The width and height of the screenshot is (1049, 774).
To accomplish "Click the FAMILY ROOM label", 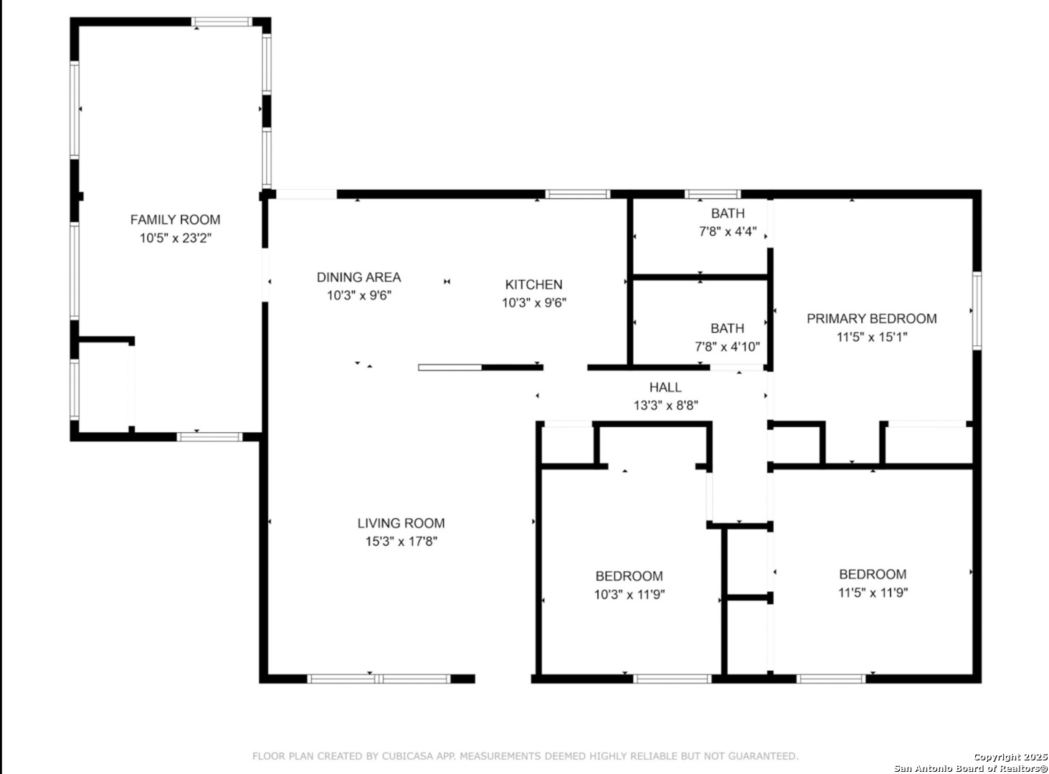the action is tap(175, 219).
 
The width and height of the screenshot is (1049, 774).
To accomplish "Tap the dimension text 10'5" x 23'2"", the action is tap(175, 238).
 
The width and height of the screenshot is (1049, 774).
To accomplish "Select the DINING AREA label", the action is tap(359, 277).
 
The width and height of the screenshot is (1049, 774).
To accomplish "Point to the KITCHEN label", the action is tap(533, 285).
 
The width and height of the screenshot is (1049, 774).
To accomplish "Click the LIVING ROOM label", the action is tap(401, 523).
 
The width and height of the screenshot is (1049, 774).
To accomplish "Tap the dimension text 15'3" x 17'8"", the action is tap(401, 541).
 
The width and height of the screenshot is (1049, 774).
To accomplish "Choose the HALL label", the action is tap(665, 387).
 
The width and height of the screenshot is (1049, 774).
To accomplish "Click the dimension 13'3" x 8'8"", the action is tap(665, 405).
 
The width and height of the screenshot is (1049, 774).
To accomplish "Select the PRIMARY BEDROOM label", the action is tap(871, 319).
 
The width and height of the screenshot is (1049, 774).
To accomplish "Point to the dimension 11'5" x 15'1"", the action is tap(871, 337).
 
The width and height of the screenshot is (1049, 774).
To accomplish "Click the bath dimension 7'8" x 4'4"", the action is tap(727, 231).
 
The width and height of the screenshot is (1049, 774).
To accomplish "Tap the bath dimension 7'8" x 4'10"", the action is tap(727, 347).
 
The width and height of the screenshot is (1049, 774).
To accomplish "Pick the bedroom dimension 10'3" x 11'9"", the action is tap(629, 594).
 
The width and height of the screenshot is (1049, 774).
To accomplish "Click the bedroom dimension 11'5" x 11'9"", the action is tap(873, 593).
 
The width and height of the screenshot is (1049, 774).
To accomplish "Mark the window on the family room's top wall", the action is tap(222, 21).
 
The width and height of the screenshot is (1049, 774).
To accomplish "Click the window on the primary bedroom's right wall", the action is tap(977, 310).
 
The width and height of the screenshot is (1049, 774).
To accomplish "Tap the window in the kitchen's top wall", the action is tap(577, 193).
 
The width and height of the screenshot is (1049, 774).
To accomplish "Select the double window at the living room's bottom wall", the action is tap(379, 679).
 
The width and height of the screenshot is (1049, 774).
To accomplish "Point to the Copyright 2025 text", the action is tap(1010, 757).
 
